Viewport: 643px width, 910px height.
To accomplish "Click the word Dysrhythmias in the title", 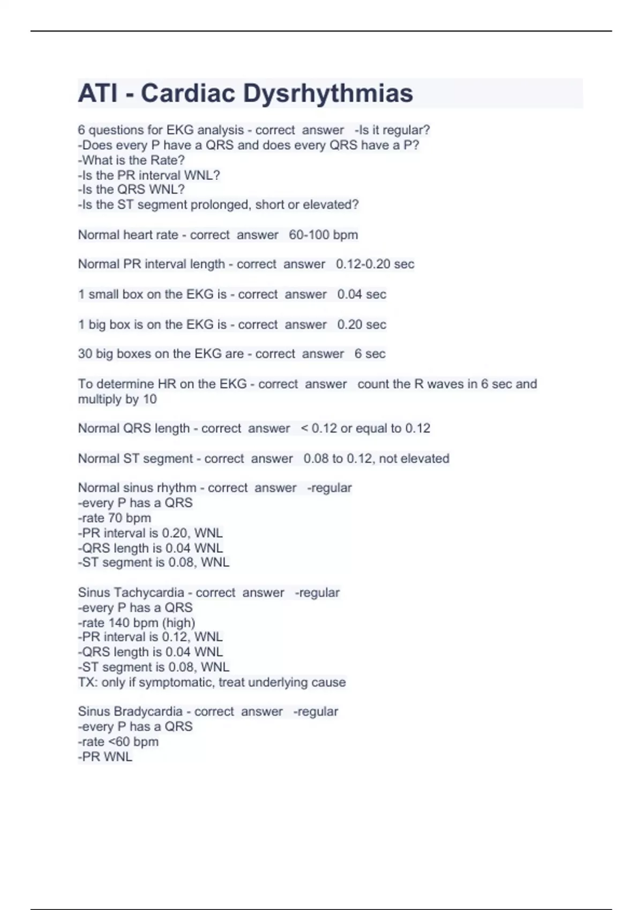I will click(x=328, y=93).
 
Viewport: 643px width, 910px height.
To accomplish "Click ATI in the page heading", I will click(x=98, y=93).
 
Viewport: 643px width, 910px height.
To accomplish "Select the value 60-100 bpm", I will click(x=323, y=235).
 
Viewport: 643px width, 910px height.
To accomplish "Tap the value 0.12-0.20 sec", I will click(x=375, y=264).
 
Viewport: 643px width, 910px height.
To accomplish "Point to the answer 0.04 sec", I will click(x=361, y=294).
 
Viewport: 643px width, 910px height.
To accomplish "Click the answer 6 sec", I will click(x=370, y=354).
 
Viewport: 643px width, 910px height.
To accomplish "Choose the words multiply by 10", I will click(x=117, y=399).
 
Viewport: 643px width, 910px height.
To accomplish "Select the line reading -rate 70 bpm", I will click(x=114, y=518).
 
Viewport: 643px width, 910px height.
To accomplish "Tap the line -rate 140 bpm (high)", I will click(x=136, y=623).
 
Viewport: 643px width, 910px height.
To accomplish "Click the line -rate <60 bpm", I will click(x=118, y=742).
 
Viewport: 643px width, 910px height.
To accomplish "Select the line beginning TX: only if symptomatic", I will click(x=212, y=682).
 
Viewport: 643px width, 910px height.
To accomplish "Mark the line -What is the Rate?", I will click(x=131, y=160).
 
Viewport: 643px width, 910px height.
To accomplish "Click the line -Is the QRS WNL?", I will click(x=131, y=189).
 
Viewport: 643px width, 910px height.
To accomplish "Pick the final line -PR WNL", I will click(x=105, y=757).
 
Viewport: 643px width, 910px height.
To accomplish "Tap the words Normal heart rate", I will click(x=128, y=235).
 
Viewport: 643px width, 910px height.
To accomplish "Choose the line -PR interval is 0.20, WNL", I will click(x=150, y=533).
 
